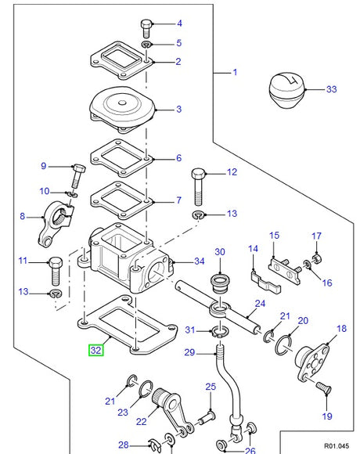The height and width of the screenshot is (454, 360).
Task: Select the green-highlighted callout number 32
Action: (x=95, y=351)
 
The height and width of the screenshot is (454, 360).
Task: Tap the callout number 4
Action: (x=178, y=23)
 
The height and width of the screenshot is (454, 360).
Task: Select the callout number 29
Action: (x=188, y=353)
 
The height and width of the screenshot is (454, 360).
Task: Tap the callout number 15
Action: (x=274, y=235)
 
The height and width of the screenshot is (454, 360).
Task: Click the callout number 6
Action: (x=178, y=157)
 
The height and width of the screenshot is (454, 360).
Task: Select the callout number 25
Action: (x=210, y=387)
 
